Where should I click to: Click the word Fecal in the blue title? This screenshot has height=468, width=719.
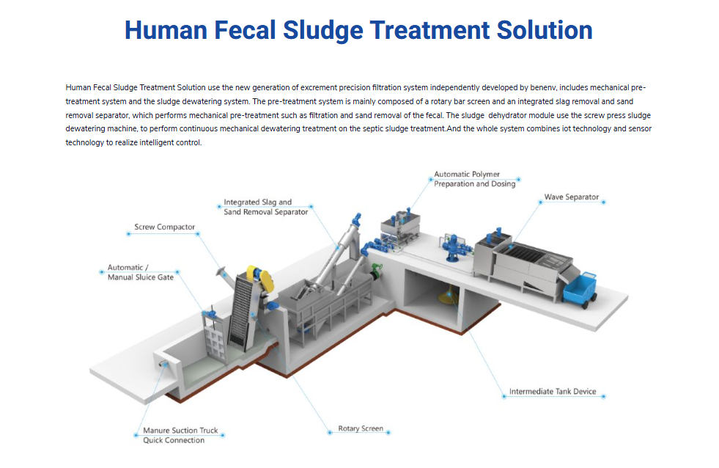245,30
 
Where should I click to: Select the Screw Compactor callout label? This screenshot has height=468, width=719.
164,227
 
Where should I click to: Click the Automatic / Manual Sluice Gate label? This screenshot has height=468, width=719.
140,272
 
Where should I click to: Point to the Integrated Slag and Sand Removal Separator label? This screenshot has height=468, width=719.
265,207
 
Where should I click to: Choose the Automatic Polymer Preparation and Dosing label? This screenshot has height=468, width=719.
475,179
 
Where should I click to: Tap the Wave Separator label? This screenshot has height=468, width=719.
572,197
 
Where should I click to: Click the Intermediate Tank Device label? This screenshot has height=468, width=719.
553,392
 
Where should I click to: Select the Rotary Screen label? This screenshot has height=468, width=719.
361,428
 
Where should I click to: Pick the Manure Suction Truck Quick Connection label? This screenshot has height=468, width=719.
180,436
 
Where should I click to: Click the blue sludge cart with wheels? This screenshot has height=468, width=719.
580,290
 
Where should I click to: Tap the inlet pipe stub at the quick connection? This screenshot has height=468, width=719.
163,364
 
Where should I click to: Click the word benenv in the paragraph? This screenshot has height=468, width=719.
543,87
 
